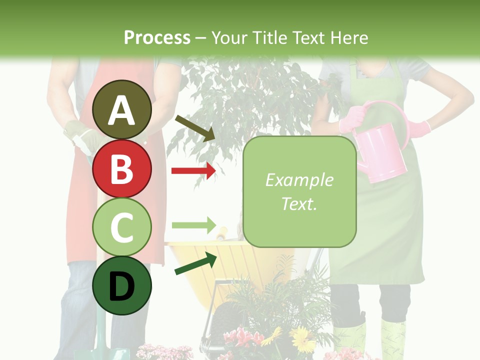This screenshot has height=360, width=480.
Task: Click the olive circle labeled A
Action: (x=121, y=110)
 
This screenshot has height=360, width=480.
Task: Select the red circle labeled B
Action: (x=121, y=168)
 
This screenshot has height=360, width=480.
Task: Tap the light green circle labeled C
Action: (x=121, y=227)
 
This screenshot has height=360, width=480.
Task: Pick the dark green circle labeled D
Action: (x=121, y=285)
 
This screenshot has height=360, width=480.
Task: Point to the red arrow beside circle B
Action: (x=193, y=171)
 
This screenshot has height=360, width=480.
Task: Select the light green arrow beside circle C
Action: (x=193, y=224)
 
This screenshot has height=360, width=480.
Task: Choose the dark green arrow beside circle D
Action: (x=195, y=264)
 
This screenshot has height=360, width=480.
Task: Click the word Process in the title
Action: (x=157, y=37)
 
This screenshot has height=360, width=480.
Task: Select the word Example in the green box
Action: (x=299, y=180)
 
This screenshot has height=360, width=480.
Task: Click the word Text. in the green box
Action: (x=299, y=203)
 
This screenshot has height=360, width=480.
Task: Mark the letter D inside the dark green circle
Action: (x=121, y=287)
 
